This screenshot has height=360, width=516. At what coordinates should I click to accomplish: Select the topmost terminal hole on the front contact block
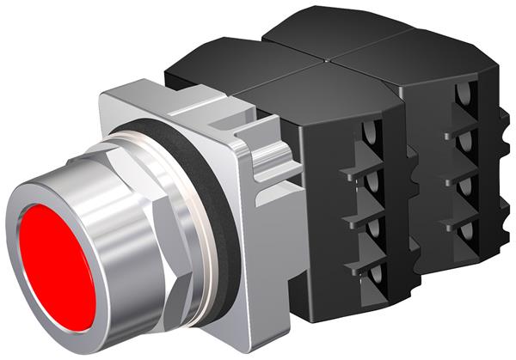tap(371, 134)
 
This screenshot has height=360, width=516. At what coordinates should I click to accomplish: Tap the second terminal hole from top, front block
tap(371, 181)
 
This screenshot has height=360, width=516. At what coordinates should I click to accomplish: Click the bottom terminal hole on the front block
tap(371, 276)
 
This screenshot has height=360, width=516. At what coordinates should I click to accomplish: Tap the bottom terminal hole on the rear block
tap(465, 232)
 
